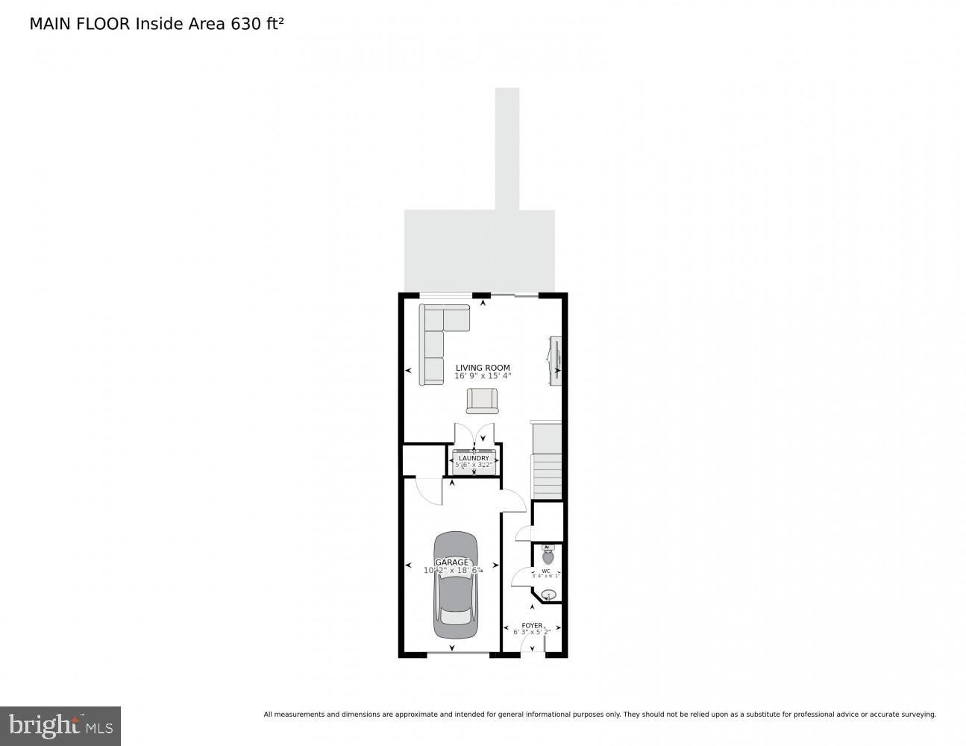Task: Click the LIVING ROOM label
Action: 483,367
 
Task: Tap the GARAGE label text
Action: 452,562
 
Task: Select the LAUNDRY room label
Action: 474,458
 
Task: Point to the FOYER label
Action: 532,625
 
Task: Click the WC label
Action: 546,571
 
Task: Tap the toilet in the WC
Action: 548,555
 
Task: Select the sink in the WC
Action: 549,595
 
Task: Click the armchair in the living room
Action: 482,401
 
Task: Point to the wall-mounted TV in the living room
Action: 554,361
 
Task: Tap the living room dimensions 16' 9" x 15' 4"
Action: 483,376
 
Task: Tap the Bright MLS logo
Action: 60,726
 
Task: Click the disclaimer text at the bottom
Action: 599,715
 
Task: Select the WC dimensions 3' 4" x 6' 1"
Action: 545,576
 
